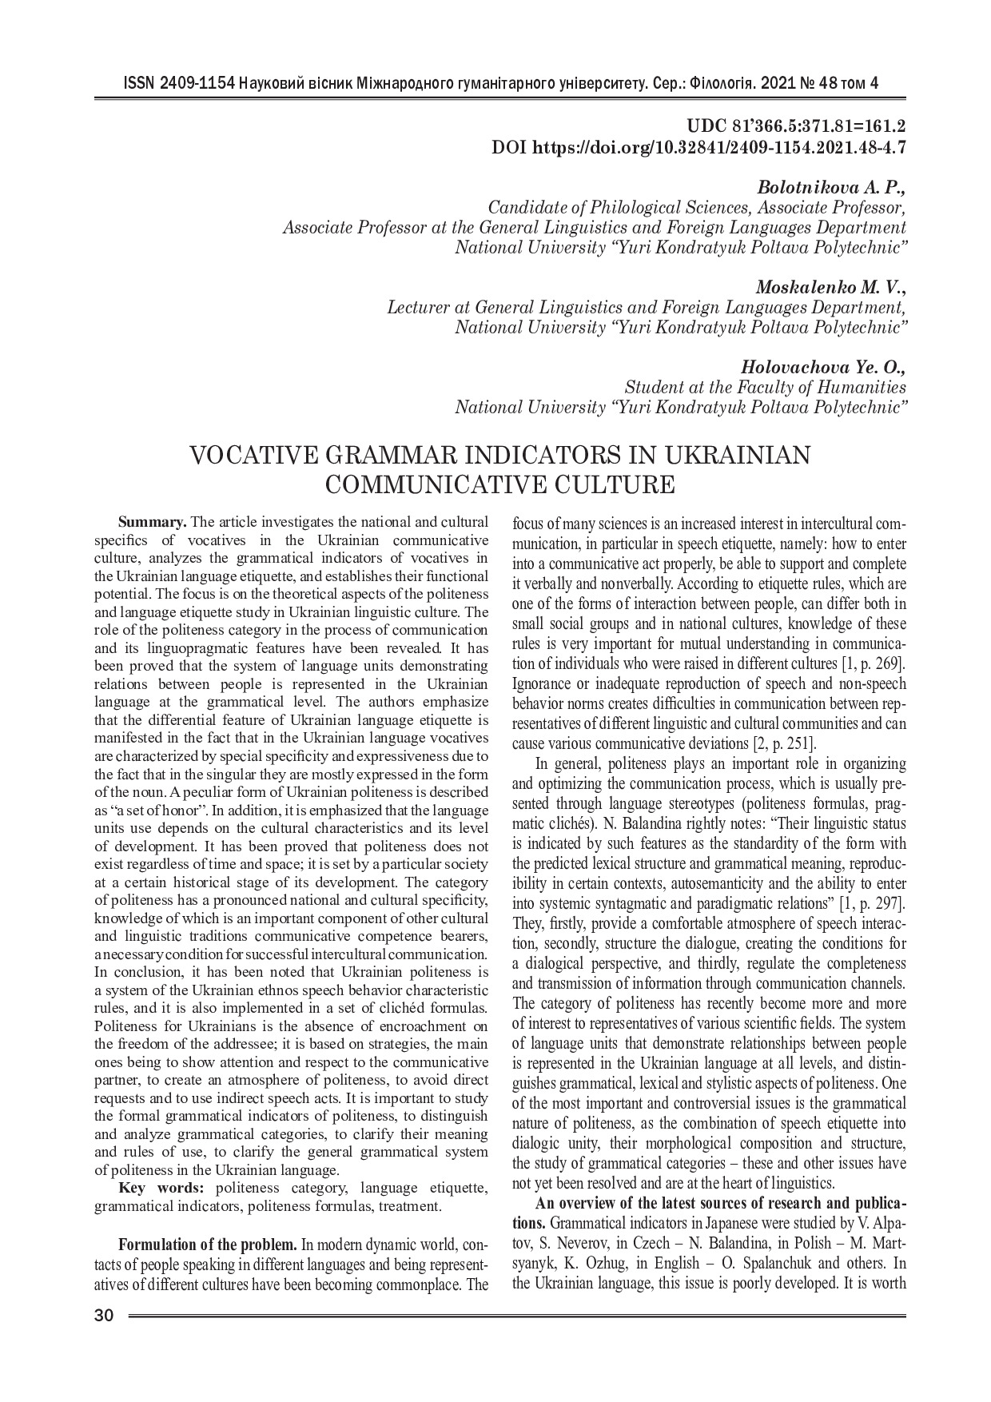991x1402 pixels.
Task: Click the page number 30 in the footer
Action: tap(104, 1316)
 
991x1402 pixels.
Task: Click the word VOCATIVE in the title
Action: tap(257, 456)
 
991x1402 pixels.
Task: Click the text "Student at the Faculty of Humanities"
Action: tap(765, 388)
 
